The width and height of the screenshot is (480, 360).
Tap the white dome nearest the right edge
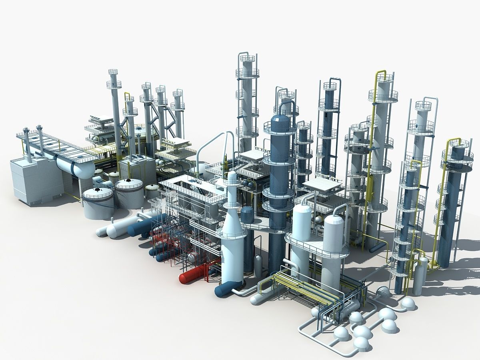click(408, 304)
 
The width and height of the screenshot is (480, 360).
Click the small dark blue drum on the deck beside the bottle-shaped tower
click(247, 214)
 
